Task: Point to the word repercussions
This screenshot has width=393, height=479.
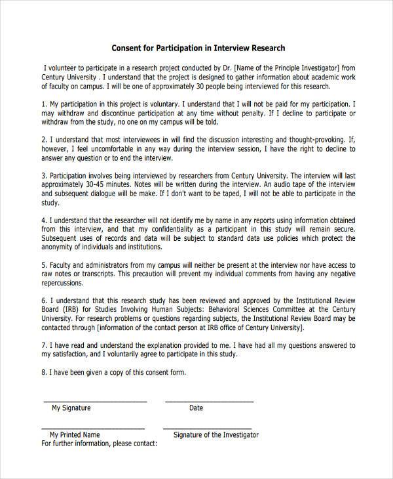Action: click(62, 283)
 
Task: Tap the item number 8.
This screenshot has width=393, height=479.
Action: click(43, 372)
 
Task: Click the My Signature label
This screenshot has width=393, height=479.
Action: click(71, 407)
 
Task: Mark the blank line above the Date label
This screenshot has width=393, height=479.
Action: click(209, 400)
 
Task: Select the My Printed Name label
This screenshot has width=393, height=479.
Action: click(75, 434)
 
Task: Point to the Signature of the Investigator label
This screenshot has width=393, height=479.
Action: click(215, 434)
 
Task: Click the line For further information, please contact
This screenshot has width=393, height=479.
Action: click(99, 443)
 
